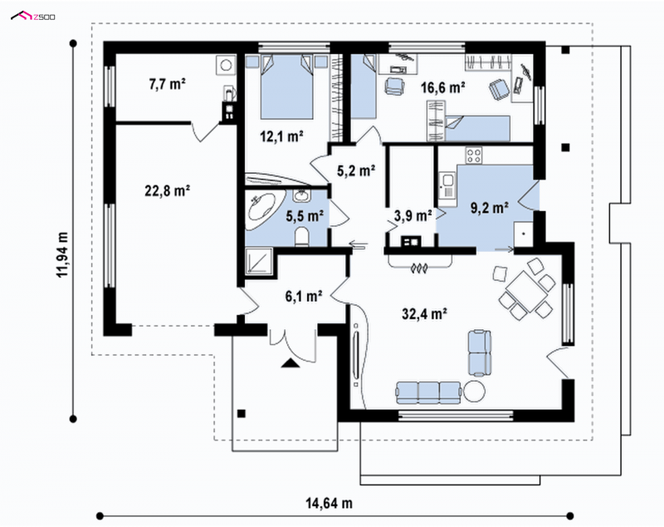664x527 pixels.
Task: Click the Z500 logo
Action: tap(32, 17)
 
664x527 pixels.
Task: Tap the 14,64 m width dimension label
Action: tap(329, 503)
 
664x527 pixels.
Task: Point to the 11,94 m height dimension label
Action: tap(63, 254)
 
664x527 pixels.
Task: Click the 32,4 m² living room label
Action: tap(425, 313)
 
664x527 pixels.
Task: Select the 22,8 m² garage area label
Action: tap(168, 191)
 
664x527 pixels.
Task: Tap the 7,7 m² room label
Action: tap(168, 84)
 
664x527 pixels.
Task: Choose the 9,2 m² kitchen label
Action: tap(490, 208)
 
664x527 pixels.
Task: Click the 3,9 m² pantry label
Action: tap(413, 216)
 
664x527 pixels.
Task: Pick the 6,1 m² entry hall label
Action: tap(304, 296)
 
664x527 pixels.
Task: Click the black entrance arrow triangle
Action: tap(290, 362)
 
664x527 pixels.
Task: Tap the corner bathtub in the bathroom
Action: tap(261, 209)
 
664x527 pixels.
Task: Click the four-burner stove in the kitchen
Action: tap(474, 155)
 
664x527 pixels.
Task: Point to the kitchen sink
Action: tap(447, 185)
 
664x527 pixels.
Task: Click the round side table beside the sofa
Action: tap(474, 391)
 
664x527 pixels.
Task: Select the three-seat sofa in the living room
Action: tap(428, 392)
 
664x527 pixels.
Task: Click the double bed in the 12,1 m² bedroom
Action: tap(286, 87)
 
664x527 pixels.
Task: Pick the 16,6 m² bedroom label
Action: tap(443, 87)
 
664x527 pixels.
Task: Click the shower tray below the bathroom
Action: tap(259, 261)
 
